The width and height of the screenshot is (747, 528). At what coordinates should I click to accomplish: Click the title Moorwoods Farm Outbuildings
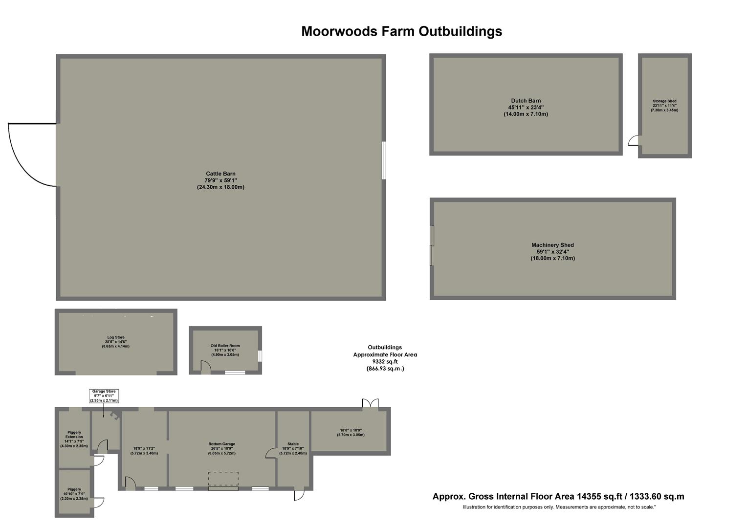pos(401,31)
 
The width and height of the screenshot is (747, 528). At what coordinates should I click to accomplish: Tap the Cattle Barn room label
pos(220,174)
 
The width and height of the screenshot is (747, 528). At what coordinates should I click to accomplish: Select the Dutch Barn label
pos(526,101)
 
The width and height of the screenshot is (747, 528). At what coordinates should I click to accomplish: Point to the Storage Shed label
pos(664,101)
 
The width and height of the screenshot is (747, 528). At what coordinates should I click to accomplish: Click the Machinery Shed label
pos(552,245)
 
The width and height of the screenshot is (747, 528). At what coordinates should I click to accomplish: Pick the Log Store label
pos(116,337)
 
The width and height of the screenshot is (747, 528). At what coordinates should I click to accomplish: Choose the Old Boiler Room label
pos(225,346)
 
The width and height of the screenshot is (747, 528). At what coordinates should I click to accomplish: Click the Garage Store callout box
pos(104,396)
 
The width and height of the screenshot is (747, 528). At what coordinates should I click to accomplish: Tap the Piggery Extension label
pos(74,435)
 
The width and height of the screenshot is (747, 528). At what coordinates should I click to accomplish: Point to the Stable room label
pos(293,444)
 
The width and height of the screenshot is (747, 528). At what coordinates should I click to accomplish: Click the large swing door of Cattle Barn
pos(29,154)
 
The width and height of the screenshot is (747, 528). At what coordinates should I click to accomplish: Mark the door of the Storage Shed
pos(634,141)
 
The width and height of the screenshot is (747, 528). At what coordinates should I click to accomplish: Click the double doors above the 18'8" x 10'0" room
pos(370,403)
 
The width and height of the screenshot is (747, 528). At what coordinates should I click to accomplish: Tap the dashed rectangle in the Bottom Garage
pos(223,479)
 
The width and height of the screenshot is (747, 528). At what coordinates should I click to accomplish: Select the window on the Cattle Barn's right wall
pos(384,160)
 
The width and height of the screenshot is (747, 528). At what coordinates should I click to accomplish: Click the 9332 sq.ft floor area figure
pos(385,362)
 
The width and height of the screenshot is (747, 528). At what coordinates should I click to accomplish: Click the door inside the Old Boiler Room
pos(206,366)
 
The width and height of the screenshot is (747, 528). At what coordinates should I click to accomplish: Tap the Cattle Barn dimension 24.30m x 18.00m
pos(220,187)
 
